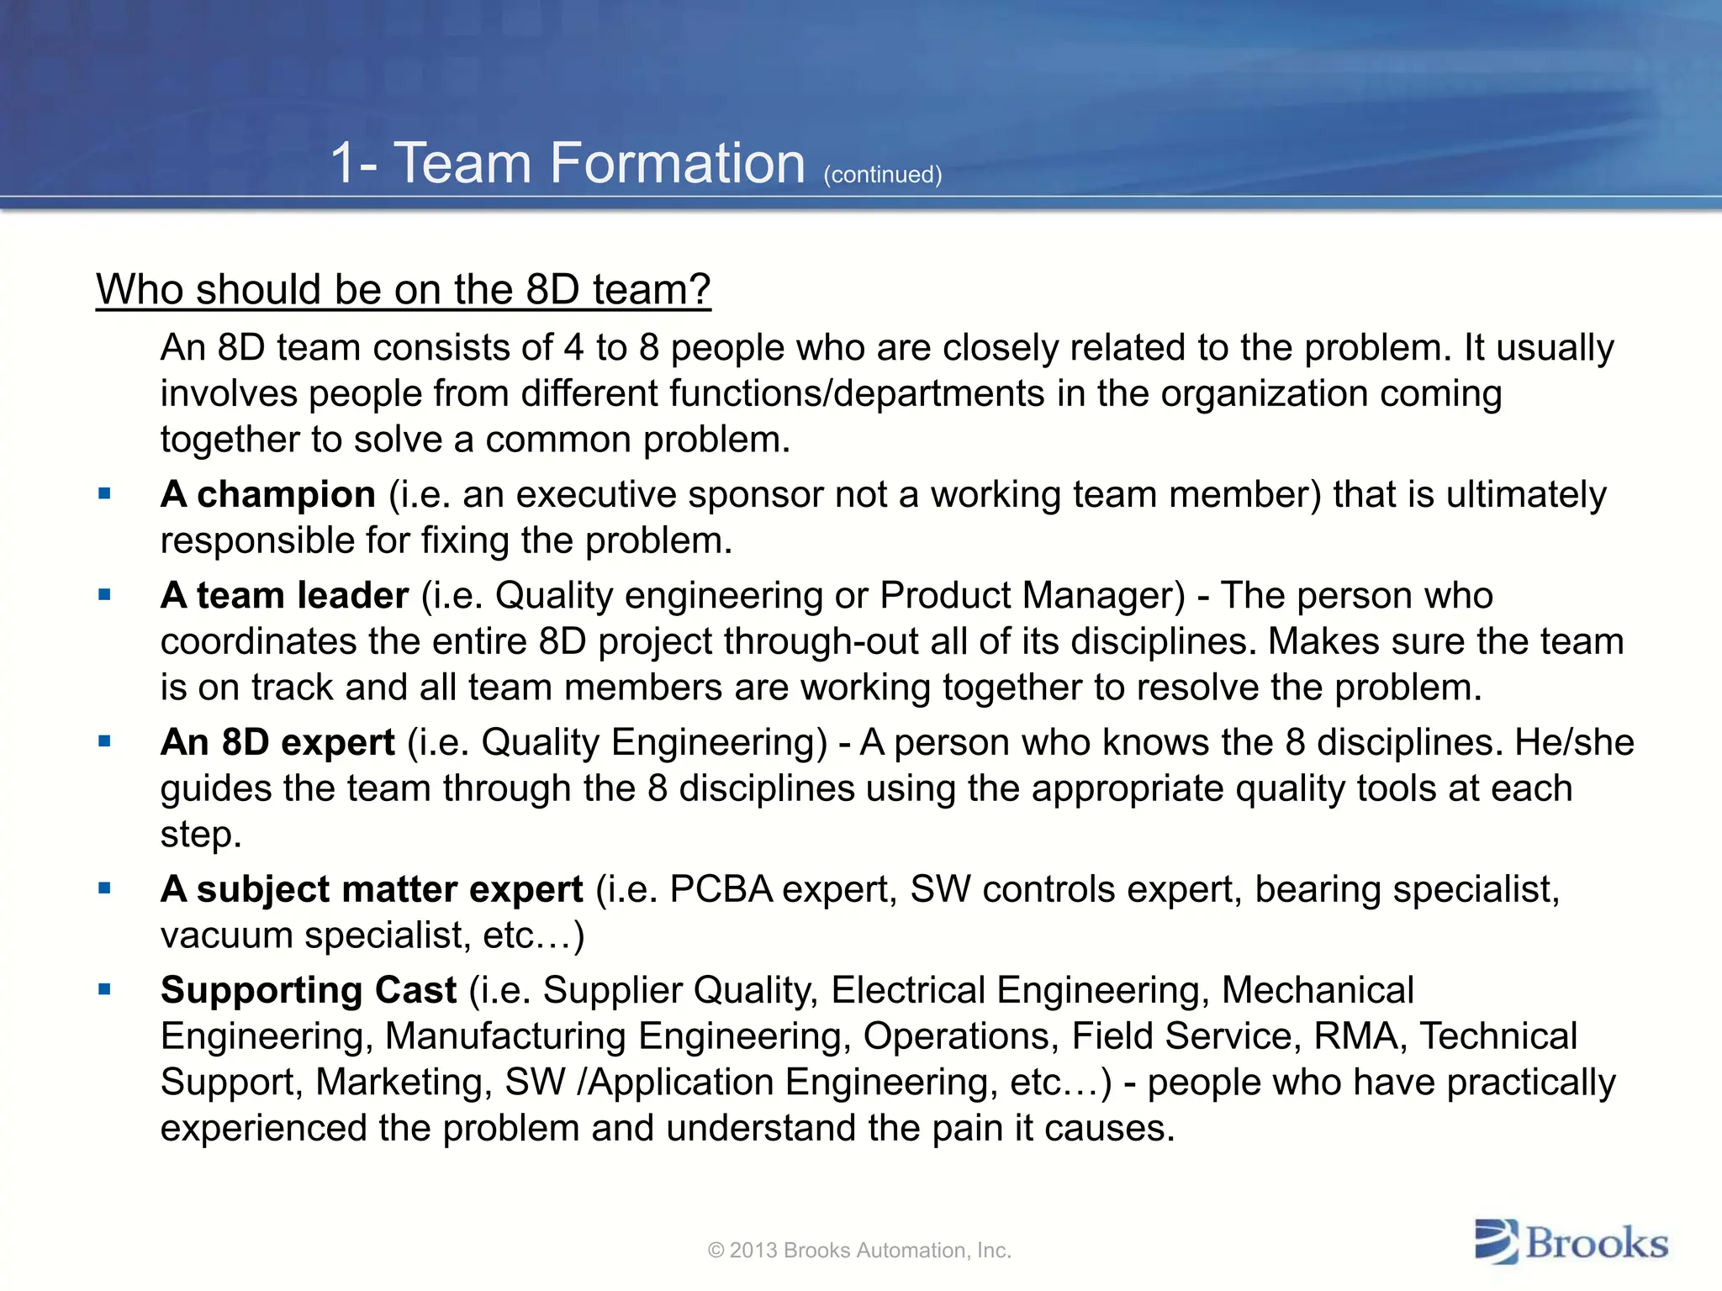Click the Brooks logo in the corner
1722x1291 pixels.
click(x=1571, y=1242)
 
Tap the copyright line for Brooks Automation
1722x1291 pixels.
click(x=859, y=1251)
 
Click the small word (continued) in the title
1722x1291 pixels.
click(x=882, y=175)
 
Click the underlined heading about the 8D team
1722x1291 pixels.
click(x=403, y=290)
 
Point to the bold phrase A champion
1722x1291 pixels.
click(x=268, y=494)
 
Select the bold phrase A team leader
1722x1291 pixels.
click(x=284, y=595)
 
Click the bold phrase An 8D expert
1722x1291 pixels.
click(x=277, y=742)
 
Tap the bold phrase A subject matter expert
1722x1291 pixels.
click(x=372, y=889)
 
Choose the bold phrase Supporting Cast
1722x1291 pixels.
click(x=309, y=990)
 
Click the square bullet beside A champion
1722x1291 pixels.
click(x=104, y=494)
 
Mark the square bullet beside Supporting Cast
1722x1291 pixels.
click(x=104, y=990)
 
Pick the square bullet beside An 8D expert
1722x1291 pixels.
click(x=104, y=742)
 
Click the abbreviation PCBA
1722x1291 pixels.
click(x=721, y=889)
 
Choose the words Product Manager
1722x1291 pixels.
click(x=1032, y=595)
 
